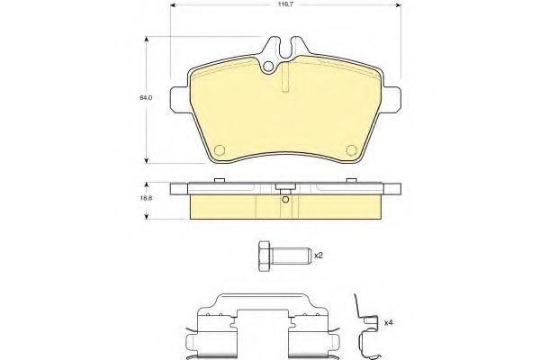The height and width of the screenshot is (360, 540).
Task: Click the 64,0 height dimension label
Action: pyautogui.click(x=146, y=98)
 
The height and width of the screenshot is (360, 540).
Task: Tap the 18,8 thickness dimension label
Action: pyautogui.click(x=147, y=198)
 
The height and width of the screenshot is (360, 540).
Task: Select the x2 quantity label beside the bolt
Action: pyautogui.click(x=319, y=256)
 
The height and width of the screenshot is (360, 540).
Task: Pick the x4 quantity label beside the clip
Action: pyautogui.click(x=389, y=323)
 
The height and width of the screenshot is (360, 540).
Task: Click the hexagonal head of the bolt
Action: pyautogui.click(x=264, y=256)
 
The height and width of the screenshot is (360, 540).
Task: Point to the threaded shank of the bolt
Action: pyautogui.click(x=291, y=256)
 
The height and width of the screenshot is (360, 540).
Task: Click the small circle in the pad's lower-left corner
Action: pyautogui.click(x=220, y=150)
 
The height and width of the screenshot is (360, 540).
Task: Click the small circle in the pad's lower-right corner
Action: pyautogui.click(x=351, y=150)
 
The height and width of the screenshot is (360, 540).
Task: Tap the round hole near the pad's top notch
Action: pyautogui.click(x=268, y=67)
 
